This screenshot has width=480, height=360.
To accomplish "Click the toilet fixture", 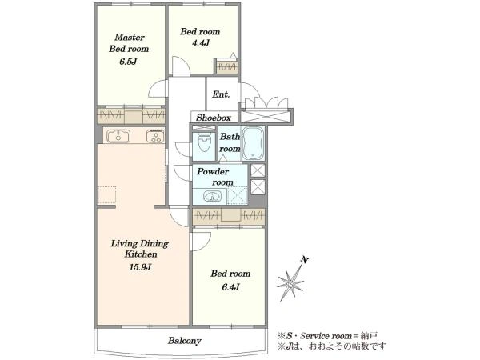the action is pyautogui.click(x=204, y=141).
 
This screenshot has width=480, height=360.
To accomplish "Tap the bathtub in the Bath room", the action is pyautogui.click(x=253, y=143).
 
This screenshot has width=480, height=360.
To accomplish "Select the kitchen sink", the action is pyautogui.click(x=118, y=136).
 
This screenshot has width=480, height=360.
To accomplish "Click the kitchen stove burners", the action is pyautogui.click(x=155, y=136).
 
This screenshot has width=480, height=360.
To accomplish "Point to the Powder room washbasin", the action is pyautogui.click(x=213, y=196).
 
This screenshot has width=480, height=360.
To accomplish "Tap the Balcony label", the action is pyautogui.click(x=185, y=341).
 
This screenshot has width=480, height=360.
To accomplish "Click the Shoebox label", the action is pyautogui.click(x=214, y=118).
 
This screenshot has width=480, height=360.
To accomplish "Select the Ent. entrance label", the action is pyautogui.click(x=221, y=94).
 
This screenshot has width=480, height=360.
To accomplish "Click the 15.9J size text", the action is pyautogui.click(x=140, y=267).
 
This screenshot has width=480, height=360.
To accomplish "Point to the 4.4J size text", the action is pyautogui.click(x=201, y=43).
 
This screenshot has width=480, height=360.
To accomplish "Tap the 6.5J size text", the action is pyautogui.click(x=128, y=62).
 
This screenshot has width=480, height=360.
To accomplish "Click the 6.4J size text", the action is pyautogui.click(x=230, y=287).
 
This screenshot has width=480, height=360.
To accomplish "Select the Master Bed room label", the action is pyautogui.click(x=129, y=43).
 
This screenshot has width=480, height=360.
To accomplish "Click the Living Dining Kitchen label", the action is pyautogui.click(x=140, y=249).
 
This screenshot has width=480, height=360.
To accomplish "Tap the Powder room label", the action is pyautogui.click(x=215, y=177).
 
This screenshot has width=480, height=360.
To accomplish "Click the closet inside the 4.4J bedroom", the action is pyautogui.click(x=226, y=66).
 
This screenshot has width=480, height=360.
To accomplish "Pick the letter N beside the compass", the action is pyautogui.click(x=305, y=260).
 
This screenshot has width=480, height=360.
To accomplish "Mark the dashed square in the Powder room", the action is pyautogui.click(x=238, y=196).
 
